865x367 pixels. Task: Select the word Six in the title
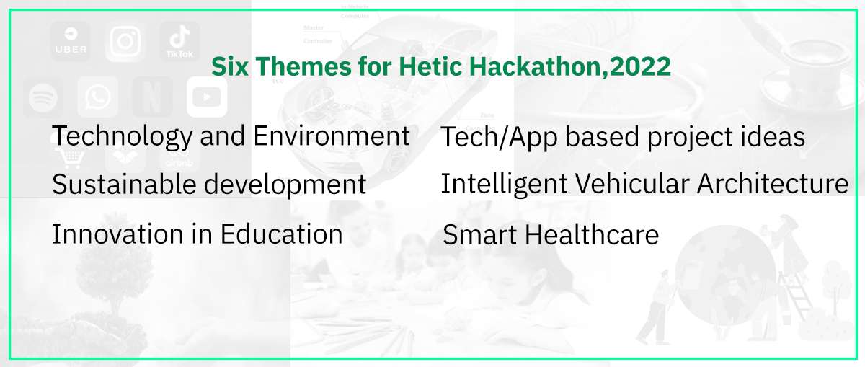(230, 66)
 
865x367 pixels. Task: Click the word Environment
(332, 136)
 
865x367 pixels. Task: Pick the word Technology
(123, 137)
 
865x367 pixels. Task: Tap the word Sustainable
(124, 185)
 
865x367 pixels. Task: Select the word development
(285, 185)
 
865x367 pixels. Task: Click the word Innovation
(117, 234)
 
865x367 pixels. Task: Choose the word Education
(282, 234)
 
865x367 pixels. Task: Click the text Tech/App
(499, 138)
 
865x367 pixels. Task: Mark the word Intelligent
(504, 185)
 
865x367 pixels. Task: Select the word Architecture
(773, 183)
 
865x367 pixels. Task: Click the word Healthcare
(592, 234)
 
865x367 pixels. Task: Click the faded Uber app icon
(71, 41)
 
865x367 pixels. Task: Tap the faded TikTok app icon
(179, 41)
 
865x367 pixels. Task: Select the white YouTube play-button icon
(207, 97)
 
